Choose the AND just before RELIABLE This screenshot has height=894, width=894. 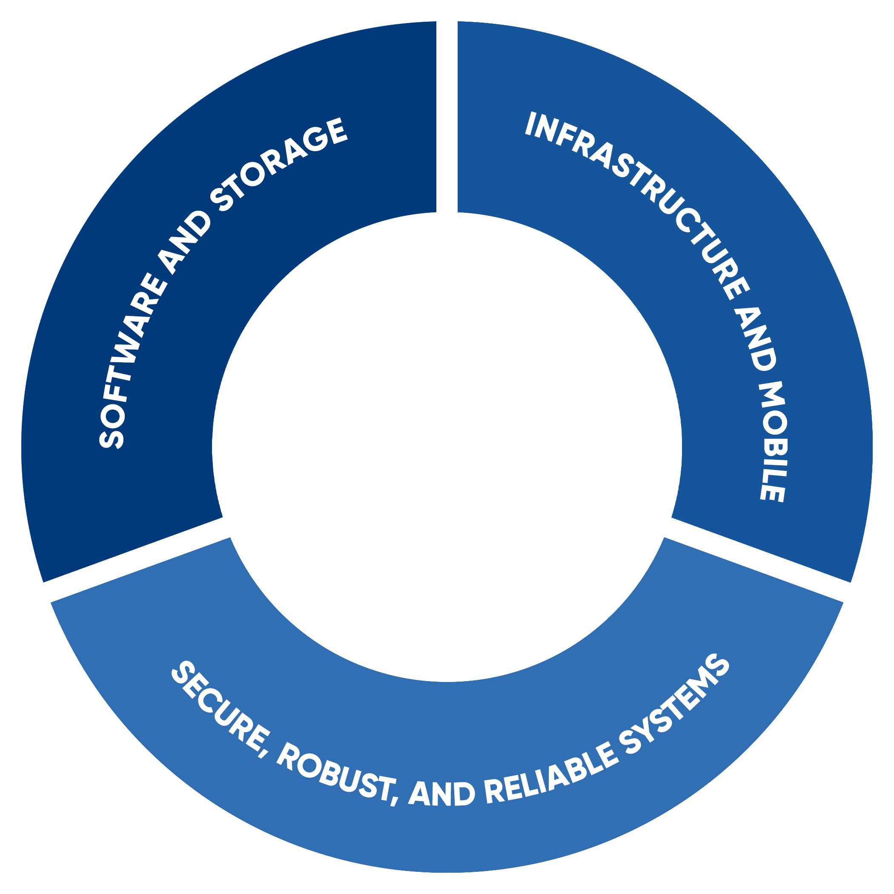(x=441, y=793)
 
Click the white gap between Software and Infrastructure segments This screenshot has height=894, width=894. (x=447, y=116)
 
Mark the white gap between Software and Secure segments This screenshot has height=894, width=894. (x=134, y=560)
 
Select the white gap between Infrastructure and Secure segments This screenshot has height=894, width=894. (x=759, y=560)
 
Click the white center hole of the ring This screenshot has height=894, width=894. (x=447, y=447)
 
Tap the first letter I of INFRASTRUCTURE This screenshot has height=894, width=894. (x=530, y=124)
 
